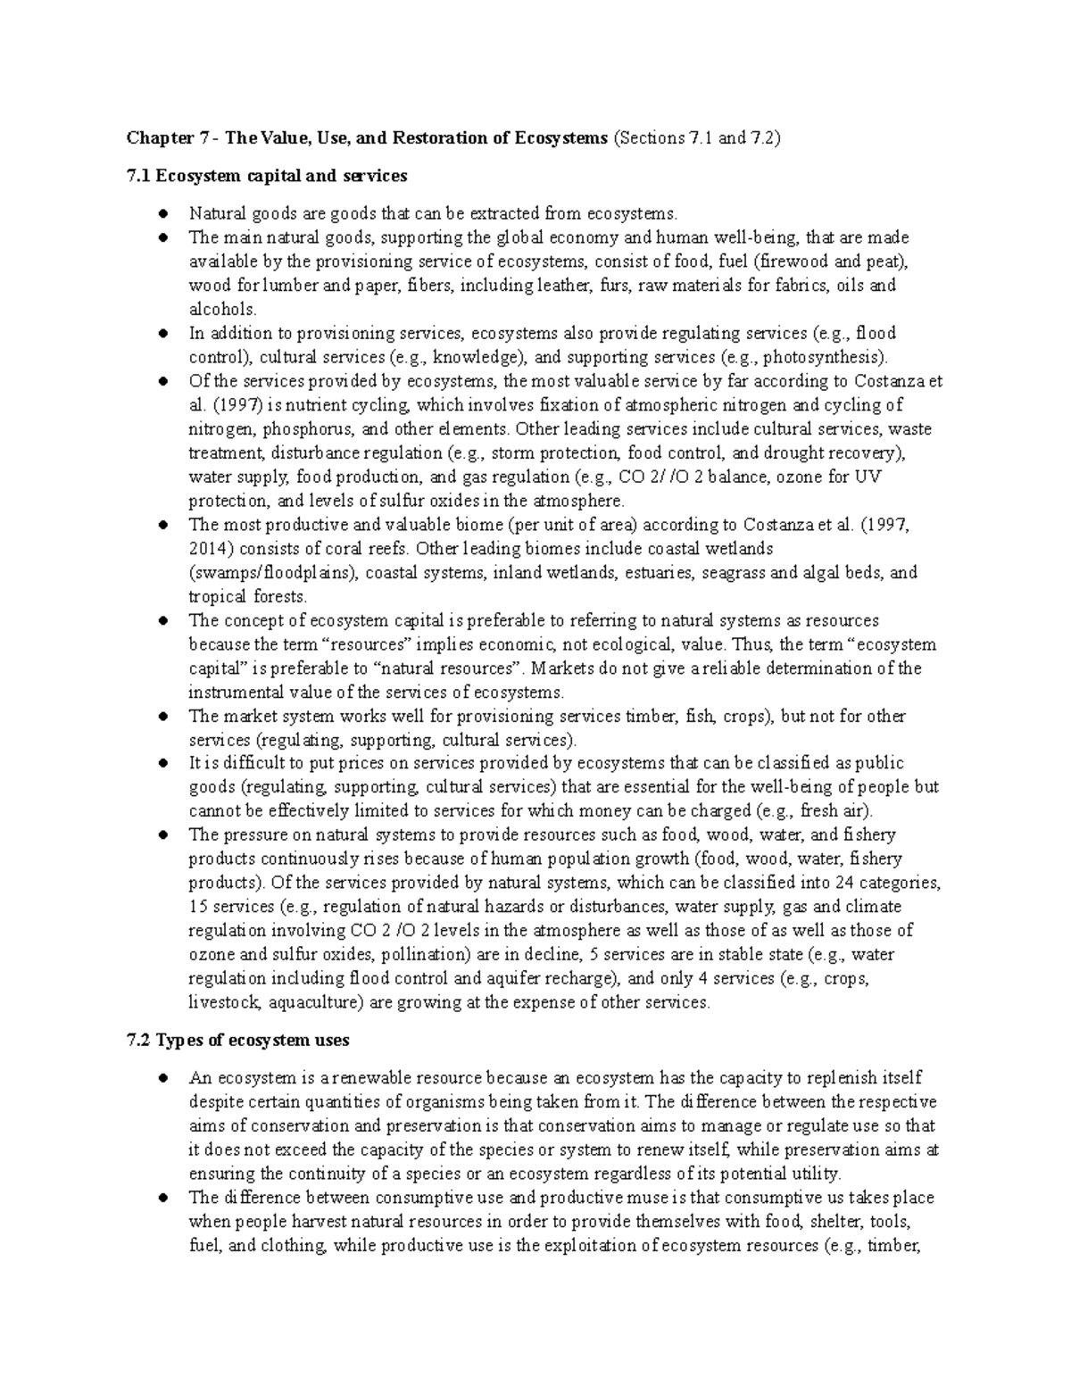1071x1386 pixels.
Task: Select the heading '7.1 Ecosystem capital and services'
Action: coord(267,176)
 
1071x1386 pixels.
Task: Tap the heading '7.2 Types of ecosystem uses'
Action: coord(238,1040)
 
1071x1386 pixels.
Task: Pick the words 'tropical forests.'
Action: coord(247,596)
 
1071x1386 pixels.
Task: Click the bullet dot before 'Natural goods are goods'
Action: coord(162,214)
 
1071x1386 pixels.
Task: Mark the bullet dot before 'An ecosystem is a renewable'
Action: coord(162,1078)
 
